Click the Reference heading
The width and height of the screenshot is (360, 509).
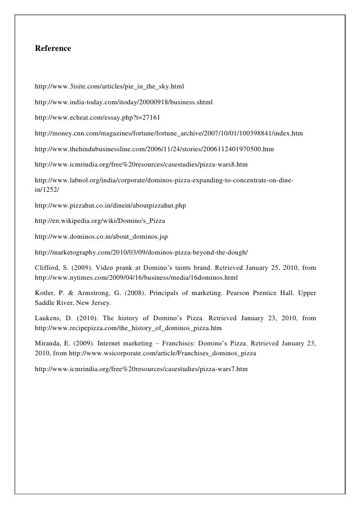[53, 49]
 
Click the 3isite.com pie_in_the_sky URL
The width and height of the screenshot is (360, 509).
[109, 87]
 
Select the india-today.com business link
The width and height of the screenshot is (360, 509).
[123, 103]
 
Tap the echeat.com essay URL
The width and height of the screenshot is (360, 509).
[94, 119]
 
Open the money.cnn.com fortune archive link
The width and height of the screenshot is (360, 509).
[169, 134]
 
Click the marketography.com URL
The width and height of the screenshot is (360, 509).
[141, 253]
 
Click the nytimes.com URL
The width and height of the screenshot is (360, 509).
[136, 277]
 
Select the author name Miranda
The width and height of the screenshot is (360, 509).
[49, 344]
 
